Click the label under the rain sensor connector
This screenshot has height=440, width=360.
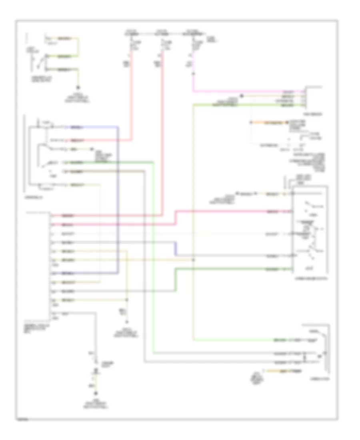[313, 113]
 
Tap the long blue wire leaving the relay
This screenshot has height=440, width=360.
[118, 200]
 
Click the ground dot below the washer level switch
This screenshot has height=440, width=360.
[78, 87]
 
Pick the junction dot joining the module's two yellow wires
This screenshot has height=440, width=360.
[127, 300]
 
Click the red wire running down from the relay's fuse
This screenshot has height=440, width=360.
[131, 100]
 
